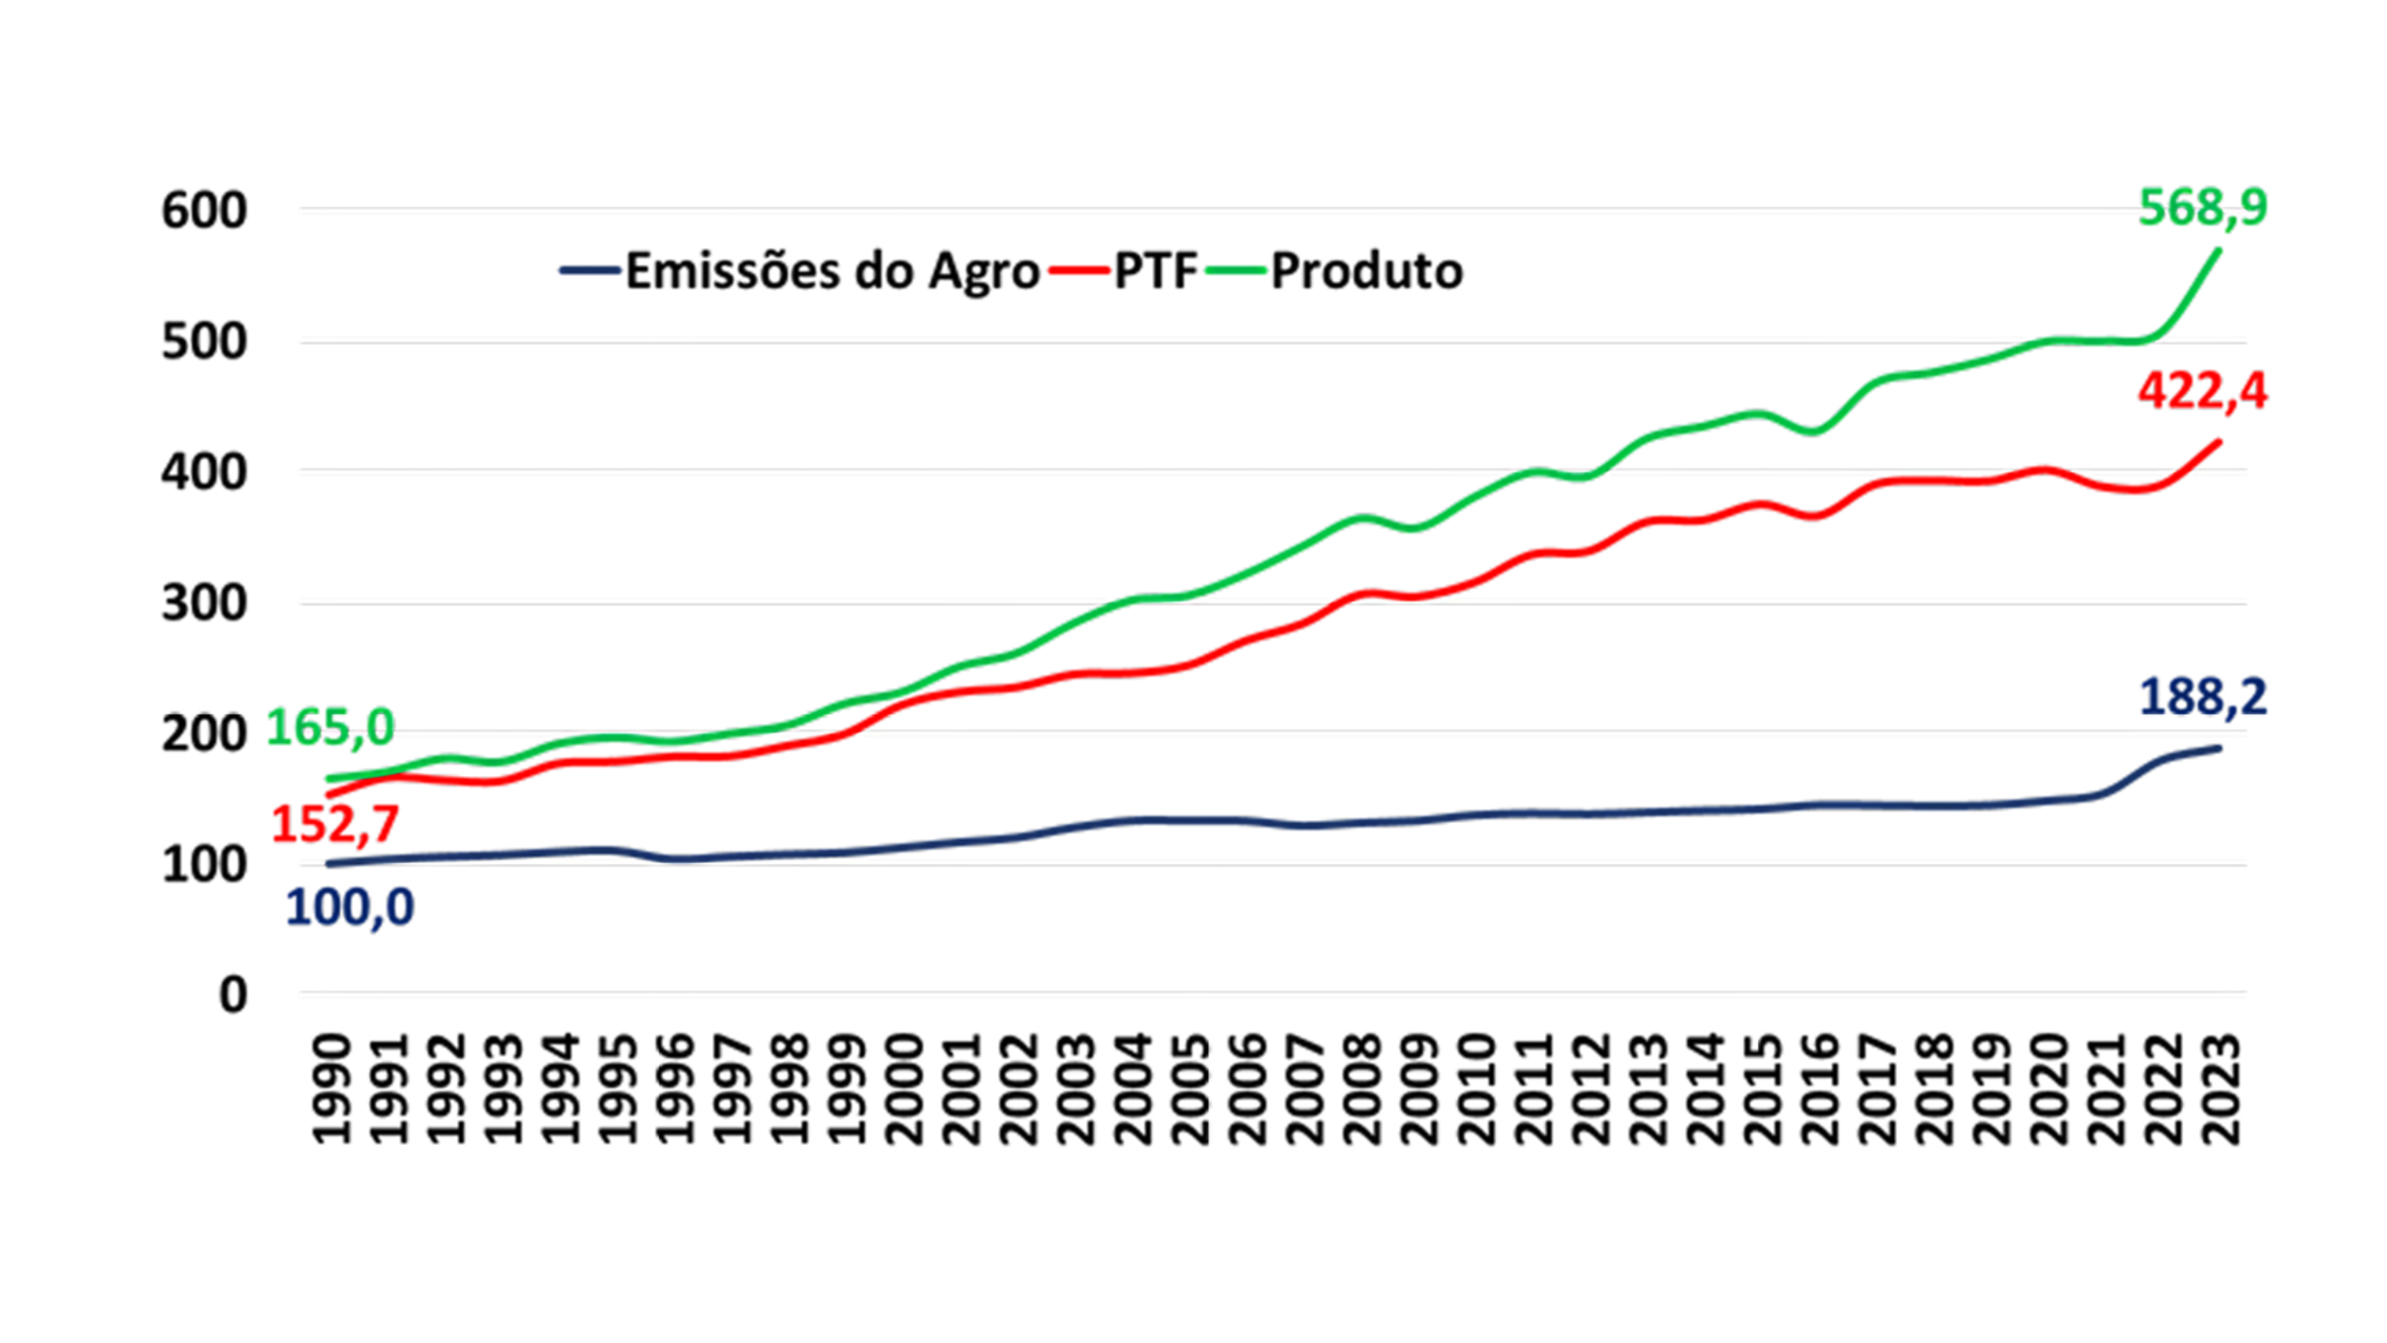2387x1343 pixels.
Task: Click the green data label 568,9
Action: [x=2201, y=207]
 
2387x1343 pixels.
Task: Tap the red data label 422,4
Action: [x=2201, y=391]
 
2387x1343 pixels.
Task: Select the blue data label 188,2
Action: [x=2201, y=697]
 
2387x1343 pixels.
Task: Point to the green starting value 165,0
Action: [x=331, y=727]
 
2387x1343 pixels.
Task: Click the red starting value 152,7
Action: [x=335, y=823]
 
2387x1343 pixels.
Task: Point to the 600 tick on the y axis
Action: [x=204, y=211]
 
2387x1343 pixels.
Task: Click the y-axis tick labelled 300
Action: [x=204, y=604]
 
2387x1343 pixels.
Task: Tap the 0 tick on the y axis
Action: [x=233, y=996]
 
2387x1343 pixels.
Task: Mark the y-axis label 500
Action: [x=204, y=342]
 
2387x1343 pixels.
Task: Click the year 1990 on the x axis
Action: [x=332, y=1090]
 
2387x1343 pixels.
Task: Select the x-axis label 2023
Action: [x=2220, y=1090]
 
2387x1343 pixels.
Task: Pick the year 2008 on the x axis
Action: [x=1361, y=1090]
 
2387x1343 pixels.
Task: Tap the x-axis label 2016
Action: [x=1819, y=1090]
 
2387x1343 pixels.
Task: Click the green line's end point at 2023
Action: [x=2219, y=250]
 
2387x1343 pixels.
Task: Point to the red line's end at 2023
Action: [x=2219, y=441]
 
